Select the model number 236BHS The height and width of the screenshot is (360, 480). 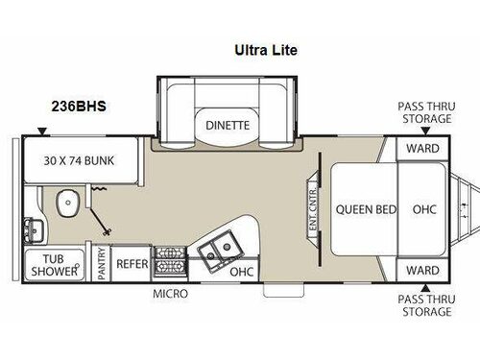tap(80, 107)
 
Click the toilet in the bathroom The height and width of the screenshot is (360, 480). tap(67, 203)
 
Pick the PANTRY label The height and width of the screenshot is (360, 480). tap(102, 265)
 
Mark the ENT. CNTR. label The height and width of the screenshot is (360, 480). tap(311, 207)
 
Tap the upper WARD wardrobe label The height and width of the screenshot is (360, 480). tap(422, 149)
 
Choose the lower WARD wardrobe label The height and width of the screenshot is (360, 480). tap(422, 269)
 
